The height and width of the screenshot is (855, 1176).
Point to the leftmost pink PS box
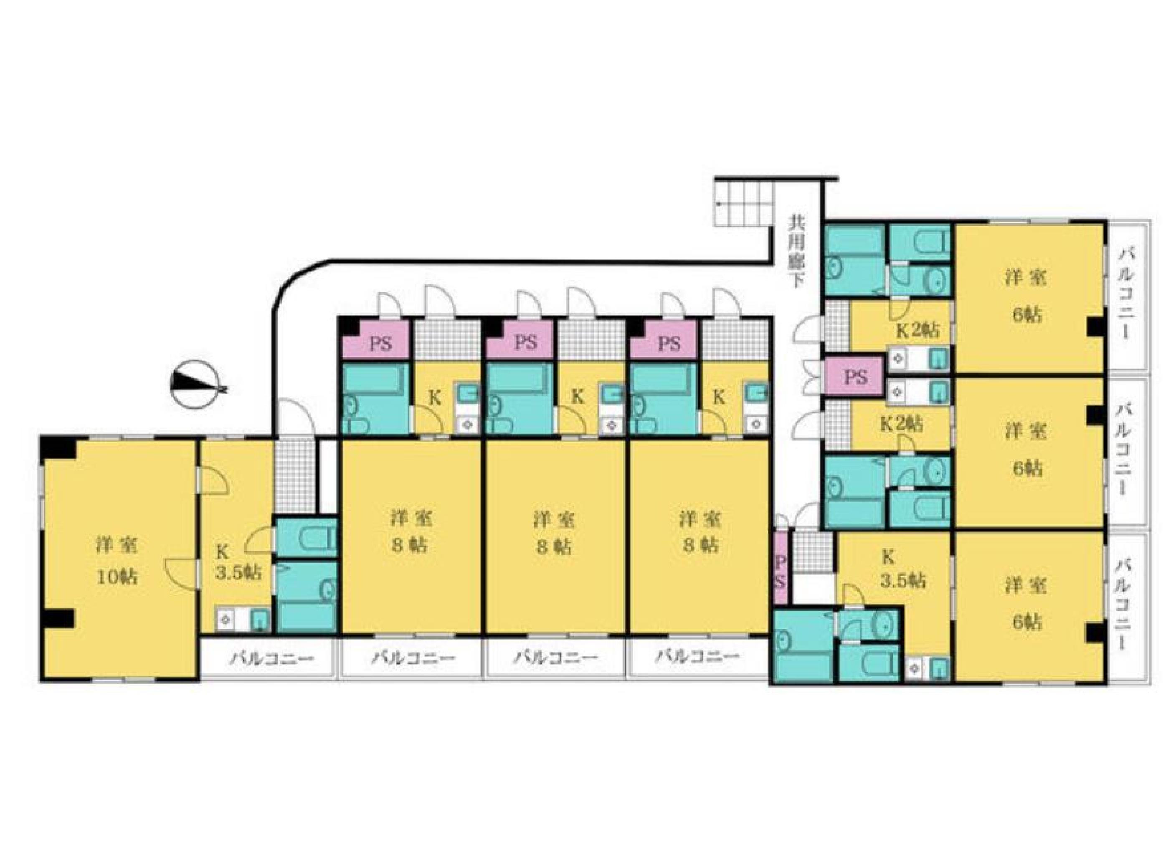pyautogui.click(x=380, y=344)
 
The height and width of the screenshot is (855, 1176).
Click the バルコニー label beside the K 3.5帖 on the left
pyautogui.click(x=272, y=658)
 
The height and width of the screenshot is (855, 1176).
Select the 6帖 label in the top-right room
pyautogui.click(x=1027, y=315)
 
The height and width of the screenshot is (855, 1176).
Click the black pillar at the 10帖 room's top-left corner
pyautogui.click(x=58, y=448)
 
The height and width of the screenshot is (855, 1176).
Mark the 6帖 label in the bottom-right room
pyautogui.click(x=1027, y=621)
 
